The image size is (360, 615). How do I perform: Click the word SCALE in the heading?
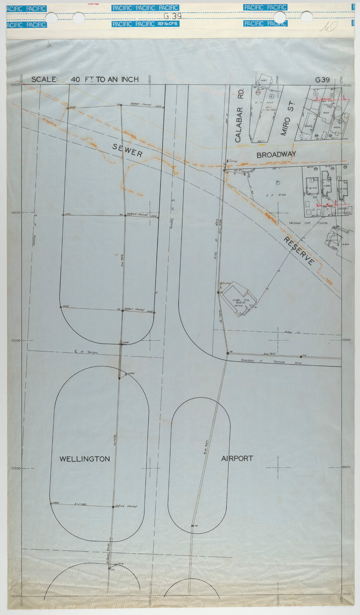44,80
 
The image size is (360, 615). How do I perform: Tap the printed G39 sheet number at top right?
322,80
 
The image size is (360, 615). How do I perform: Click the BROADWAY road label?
276,155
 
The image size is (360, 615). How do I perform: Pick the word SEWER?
127,151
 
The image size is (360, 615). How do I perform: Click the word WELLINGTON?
85,459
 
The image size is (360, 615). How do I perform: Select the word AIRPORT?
237,459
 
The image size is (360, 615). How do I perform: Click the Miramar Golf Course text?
308,223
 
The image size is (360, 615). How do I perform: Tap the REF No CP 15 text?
168,24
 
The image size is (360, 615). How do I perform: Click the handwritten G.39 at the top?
172,16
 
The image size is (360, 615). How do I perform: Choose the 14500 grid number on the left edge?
16,213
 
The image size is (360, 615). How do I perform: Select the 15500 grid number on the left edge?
16,468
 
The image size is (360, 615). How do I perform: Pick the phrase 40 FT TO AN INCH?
105,80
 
